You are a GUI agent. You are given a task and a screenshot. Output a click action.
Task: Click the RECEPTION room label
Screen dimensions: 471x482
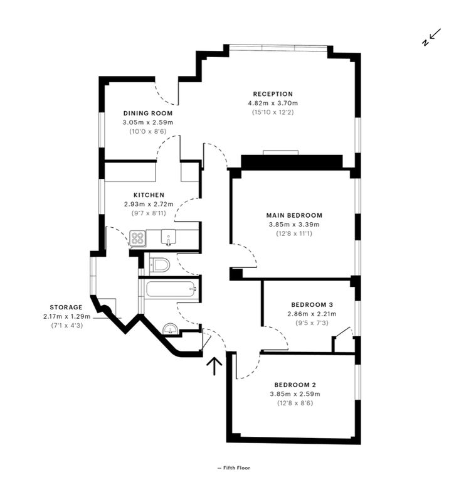pyautogui.click(x=273, y=94)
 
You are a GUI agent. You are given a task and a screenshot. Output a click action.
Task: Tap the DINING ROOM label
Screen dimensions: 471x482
pyautogui.click(x=148, y=113)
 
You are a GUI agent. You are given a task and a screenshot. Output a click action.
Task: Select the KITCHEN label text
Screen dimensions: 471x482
pyautogui.click(x=149, y=195)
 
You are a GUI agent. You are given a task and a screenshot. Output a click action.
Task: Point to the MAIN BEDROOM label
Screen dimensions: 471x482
pyautogui.click(x=294, y=215)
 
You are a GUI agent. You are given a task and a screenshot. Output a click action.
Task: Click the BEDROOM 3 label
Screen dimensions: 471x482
pyautogui.click(x=312, y=304)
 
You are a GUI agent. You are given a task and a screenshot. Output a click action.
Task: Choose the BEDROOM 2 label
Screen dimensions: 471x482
pyautogui.click(x=295, y=385)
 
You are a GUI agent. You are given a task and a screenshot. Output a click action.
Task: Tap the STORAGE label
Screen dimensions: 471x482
pyautogui.click(x=66, y=307)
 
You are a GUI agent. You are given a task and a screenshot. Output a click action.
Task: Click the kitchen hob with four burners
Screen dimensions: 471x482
pyautogui.click(x=137, y=238)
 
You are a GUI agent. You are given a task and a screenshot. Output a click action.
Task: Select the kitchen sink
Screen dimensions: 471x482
pyautogui.click(x=168, y=237)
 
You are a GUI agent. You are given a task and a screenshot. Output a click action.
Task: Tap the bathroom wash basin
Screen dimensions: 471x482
pyautogui.click(x=169, y=329)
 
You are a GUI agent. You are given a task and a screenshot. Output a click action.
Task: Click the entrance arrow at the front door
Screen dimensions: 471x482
pyautogui.click(x=214, y=366)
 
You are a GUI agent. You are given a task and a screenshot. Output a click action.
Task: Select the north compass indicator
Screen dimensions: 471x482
pyautogui.click(x=431, y=37)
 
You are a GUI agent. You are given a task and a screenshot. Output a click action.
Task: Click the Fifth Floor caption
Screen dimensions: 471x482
pyautogui.click(x=234, y=468)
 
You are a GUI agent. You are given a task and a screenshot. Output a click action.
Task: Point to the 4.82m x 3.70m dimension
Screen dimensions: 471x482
pyautogui.click(x=273, y=103)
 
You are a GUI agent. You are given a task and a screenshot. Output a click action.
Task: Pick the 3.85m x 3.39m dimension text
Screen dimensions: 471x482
pyautogui.click(x=294, y=225)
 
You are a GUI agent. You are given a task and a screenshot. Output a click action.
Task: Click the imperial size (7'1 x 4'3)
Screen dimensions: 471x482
pyautogui.click(x=66, y=325)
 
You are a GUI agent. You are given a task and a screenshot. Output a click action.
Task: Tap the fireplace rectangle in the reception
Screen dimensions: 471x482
pyautogui.click(x=281, y=153)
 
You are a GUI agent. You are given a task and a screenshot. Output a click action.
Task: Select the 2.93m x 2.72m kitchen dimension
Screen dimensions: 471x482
pyautogui.click(x=149, y=204)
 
